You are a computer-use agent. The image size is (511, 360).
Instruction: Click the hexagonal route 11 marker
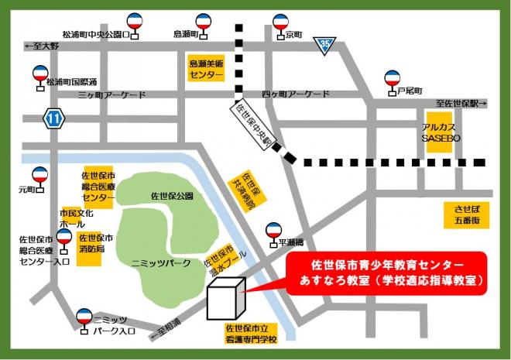pos(54,118)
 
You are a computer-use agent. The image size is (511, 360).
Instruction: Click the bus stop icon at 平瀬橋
pos(273,232)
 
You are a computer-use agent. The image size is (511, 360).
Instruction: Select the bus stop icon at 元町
pos(39,178)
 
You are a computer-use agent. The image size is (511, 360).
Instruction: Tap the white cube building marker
pos(225,299)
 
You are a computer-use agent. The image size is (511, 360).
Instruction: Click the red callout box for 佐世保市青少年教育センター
pos(387,273)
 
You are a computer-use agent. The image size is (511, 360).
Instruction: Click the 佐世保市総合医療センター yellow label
pos(98,187)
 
